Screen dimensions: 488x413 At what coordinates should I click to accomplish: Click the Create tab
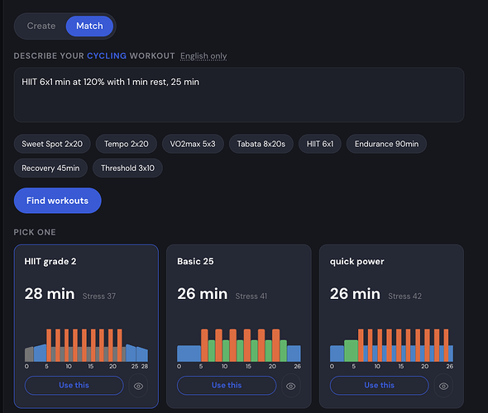point(41,26)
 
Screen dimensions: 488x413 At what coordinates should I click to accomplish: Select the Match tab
point(89,26)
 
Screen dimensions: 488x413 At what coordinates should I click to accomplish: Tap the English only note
point(203,56)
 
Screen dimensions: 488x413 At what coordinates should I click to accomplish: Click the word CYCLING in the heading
point(107,55)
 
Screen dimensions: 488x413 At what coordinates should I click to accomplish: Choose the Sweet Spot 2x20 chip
point(52,144)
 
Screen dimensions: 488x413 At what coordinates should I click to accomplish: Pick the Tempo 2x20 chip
point(126,144)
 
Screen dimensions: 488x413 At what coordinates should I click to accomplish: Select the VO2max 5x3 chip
point(193,144)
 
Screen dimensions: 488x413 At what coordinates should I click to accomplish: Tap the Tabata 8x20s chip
point(261,144)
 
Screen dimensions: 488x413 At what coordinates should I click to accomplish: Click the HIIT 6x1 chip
point(320,144)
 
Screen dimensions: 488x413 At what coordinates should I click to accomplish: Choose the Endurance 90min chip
point(386,144)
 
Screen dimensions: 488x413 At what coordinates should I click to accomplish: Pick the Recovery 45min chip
point(50,169)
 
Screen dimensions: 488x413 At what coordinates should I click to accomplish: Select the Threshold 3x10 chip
point(127,169)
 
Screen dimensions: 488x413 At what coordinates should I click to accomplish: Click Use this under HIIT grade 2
point(74,386)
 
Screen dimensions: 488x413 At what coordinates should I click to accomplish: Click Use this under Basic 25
point(227,386)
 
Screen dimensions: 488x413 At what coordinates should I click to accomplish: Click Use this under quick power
point(380,386)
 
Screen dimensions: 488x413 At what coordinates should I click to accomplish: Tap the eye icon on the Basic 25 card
point(291,386)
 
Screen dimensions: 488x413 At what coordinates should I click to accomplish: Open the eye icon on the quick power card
point(444,386)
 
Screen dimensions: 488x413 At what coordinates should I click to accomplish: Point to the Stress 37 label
point(99,297)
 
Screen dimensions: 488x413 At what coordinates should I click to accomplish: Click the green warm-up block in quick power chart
point(351,350)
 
